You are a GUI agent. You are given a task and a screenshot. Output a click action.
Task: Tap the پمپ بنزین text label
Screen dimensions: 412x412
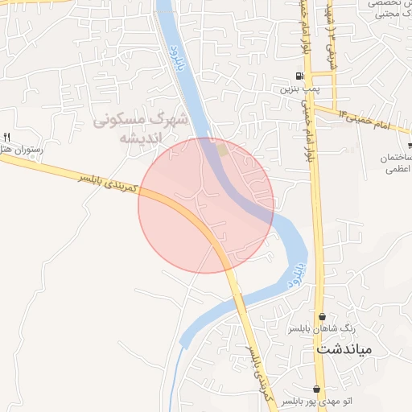click(295, 90)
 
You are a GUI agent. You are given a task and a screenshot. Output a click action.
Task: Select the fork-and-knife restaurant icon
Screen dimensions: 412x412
click(7, 137)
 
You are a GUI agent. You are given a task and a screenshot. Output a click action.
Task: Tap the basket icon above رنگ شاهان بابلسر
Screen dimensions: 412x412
click(323, 317)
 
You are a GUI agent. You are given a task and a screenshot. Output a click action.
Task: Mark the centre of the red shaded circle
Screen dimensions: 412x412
click(206, 205)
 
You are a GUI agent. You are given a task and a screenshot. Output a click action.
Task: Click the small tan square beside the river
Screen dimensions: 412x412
click(223, 150)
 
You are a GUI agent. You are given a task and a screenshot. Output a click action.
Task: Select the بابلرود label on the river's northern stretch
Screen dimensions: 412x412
click(177, 60)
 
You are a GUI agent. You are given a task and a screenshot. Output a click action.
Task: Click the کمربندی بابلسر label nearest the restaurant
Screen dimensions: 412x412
click(109, 183)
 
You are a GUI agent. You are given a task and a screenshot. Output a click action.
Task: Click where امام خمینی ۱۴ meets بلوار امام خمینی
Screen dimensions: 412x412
click(314, 105)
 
